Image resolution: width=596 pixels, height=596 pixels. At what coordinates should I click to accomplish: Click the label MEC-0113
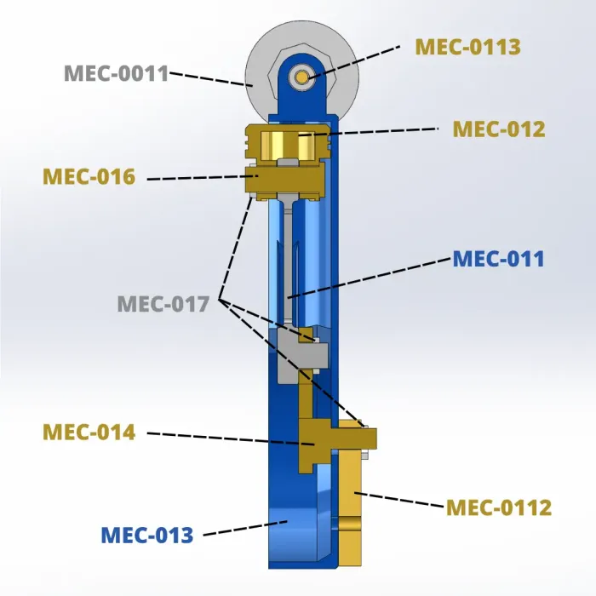coord(467,47)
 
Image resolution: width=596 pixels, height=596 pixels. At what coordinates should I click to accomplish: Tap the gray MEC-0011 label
coord(117,73)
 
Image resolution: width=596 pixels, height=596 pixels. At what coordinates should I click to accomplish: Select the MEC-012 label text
coord(499,129)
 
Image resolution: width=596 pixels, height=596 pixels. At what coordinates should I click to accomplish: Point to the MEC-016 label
coord(89,176)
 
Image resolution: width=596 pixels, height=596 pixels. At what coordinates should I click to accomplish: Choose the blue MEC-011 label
coord(498,259)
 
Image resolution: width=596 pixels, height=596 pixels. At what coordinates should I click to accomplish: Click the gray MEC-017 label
coord(163,304)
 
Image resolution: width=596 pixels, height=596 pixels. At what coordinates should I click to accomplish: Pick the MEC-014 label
coord(89,432)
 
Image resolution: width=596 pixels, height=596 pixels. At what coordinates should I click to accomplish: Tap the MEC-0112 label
coord(499,507)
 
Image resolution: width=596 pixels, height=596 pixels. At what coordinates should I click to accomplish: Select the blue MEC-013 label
coord(147,535)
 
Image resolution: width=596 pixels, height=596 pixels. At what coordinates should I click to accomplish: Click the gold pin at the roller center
coord(302,77)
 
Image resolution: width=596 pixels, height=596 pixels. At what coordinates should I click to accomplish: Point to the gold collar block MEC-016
coord(284,181)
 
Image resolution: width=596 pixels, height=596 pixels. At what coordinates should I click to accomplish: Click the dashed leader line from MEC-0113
coord(355,62)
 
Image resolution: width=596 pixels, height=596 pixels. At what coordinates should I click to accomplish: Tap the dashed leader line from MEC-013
coord(245,529)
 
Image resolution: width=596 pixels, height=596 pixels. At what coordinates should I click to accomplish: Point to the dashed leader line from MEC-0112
coord(398,500)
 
